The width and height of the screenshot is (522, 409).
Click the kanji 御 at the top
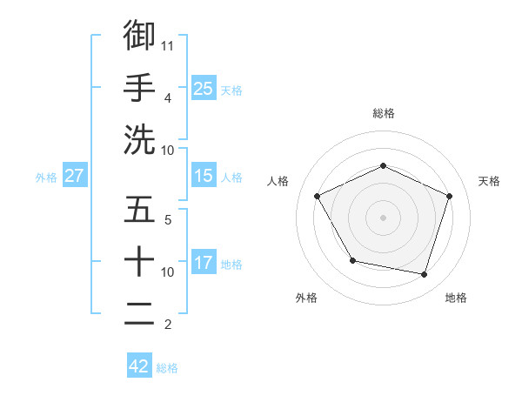click(139, 35)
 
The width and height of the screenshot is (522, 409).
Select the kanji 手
click(139, 87)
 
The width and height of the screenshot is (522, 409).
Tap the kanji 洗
click(139, 139)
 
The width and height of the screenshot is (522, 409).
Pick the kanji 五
click(139, 210)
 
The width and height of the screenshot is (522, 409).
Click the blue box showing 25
click(203, 88)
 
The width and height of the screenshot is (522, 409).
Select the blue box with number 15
click(203, 176)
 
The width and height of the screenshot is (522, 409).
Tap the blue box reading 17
click(203, 263)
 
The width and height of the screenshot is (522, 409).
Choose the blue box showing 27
click(75, 176)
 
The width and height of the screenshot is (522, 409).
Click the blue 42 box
click(139, 366)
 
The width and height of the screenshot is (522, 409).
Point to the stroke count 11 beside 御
click(168, 44)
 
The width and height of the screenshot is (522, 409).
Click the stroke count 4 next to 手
click(168, 97)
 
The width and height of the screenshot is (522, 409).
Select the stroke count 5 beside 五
click(168, 220)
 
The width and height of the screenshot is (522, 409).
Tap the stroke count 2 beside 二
click(168, 325)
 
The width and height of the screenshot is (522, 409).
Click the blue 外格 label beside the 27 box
click(46, 177)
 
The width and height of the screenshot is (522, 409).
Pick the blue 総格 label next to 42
click(167, 367)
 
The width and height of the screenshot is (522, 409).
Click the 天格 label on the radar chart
click(489, 181)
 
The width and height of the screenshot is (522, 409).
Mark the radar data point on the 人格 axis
click(317, 196)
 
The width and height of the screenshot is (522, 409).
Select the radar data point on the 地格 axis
click(425, 274)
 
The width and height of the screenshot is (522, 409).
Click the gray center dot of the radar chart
click(383, 217)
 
